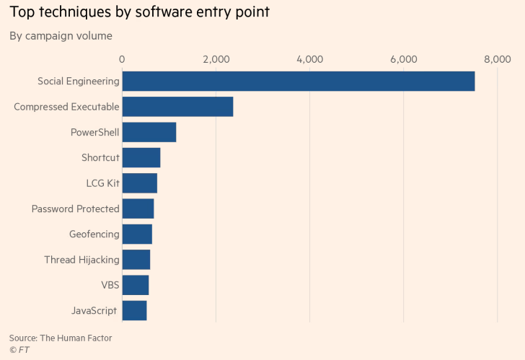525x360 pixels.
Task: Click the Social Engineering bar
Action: [298, 81]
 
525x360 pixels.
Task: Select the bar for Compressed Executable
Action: [177, 107]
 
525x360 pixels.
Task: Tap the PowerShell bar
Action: [149, 132]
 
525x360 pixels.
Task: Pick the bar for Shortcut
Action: [141, 157]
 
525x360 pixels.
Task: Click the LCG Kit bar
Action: [139, 183]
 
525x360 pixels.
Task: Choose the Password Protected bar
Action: [138, 208]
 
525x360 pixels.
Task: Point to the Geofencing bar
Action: [137, 234]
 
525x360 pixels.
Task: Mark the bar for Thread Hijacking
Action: [136, 260]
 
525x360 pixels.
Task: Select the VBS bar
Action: [136, 285]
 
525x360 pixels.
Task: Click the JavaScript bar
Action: [134, 311]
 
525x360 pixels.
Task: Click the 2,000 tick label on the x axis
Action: [216, 59]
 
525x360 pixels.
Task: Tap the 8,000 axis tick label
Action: [497, 59]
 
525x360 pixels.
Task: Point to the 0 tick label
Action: [122, 59]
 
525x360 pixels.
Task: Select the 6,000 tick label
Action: [403, 59]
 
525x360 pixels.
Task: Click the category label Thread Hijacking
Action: [81, 260]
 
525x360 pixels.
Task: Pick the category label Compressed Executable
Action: [66, 107]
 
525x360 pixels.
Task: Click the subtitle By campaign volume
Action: [61, 35]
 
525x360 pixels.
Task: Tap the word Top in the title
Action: [21, 12]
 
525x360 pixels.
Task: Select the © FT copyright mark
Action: [19, 350]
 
